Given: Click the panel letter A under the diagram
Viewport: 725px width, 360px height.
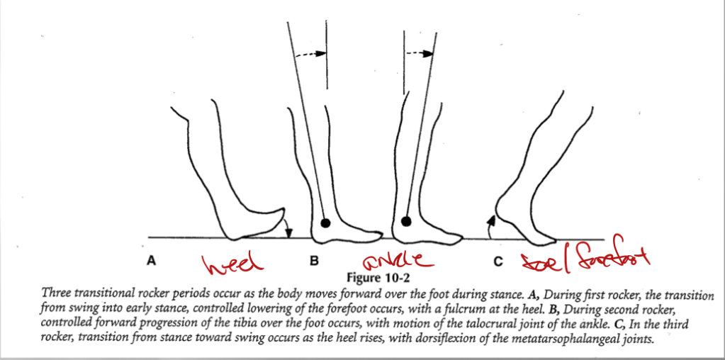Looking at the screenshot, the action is pos(151,261).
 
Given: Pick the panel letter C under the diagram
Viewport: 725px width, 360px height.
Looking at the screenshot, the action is pos(498,261).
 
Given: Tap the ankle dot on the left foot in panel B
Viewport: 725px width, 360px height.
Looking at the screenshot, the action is pos(325,223).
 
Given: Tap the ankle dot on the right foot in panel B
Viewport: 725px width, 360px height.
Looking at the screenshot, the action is pos(405,221).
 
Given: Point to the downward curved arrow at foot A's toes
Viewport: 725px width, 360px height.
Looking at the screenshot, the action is pos(288,227).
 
